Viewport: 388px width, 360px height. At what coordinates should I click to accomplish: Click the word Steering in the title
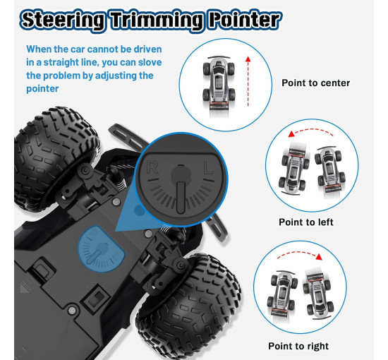pyautogui.click(x=62, y=20)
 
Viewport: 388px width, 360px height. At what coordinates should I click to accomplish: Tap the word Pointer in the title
pyautogui.click(x=245, y=20)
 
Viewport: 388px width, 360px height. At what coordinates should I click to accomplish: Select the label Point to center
pyautogui.click(x=315, y=83)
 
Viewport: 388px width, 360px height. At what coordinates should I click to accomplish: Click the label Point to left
pyautogui.click(x=306, y=222)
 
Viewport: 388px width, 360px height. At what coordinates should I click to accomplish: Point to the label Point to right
pyautogui.click(x=298, y=346)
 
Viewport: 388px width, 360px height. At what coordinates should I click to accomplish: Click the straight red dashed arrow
pyautogui.click(x=248, y=82)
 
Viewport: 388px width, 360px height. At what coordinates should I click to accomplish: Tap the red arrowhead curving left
pyautogui.click(x=291, y=134)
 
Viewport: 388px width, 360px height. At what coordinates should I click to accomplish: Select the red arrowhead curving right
pyautogui.click(x=319, y=256)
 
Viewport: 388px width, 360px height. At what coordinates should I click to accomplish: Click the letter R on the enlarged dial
pyautogui.click(x=152, y=167)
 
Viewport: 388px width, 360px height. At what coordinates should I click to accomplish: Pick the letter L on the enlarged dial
pyautogui.click(x=208, y=167)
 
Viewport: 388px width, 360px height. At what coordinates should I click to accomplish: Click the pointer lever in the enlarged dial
pyautogui.click(x=181, y=188)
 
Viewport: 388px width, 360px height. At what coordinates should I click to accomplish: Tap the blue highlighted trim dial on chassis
pyautogui.click(x=101, y=249)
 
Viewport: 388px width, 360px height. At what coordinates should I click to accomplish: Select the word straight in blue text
pyautogui.click(x=59, y=63)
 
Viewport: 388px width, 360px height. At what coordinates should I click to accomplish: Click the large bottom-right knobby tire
pyautogui.click(x=189, y=304)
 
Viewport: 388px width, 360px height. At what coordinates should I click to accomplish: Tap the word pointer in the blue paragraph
pyautogui.click(x=42, y=89)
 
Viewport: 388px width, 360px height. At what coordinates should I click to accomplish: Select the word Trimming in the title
pyautogui.click(x=157, y=20)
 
